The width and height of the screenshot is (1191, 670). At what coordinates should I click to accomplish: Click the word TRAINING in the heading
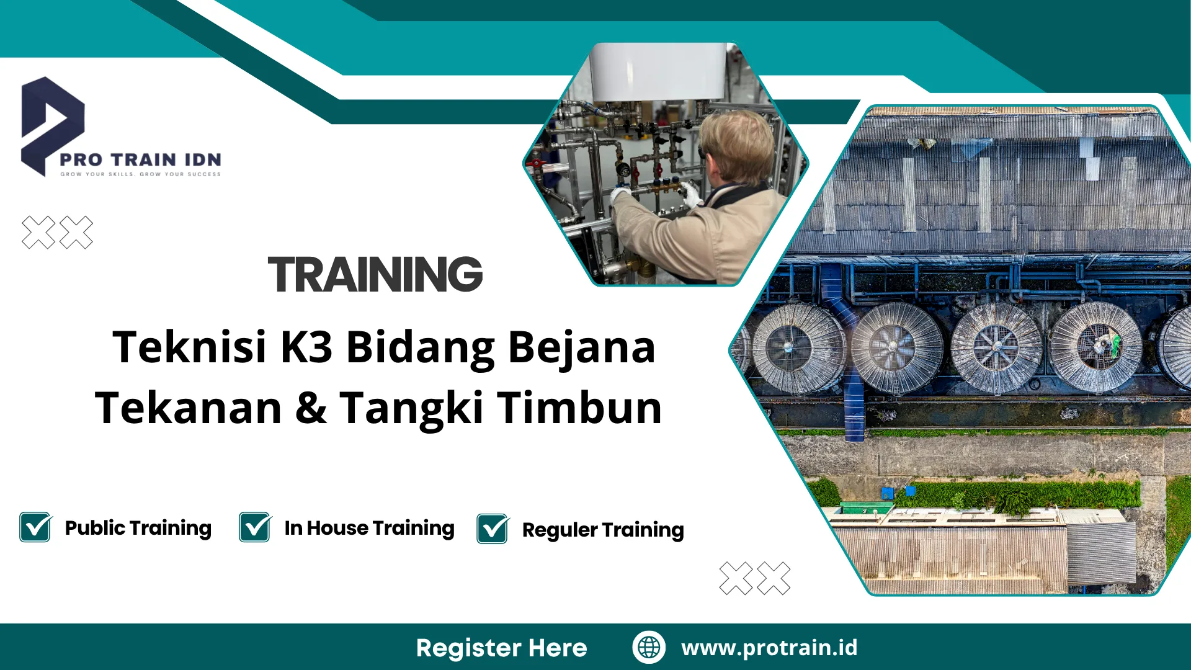point(375,274)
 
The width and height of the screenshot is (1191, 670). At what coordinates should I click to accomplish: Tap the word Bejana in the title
point(581,347)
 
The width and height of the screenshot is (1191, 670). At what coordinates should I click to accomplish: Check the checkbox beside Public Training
point(35,527)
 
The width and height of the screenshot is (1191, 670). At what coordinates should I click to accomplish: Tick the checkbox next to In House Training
point(255,527)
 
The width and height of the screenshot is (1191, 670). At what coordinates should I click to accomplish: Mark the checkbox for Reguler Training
point(493,529)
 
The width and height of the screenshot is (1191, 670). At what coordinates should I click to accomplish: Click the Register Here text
point(501,648)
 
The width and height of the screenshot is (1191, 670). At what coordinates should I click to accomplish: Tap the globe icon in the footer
point(649,647)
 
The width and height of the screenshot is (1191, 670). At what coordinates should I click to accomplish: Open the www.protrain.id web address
point(769,648)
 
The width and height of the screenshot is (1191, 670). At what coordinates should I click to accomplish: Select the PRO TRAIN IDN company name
point(140,159)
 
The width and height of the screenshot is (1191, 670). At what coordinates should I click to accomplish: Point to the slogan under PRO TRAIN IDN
point(140,174)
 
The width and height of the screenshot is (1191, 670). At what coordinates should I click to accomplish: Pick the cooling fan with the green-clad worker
point(1096,347)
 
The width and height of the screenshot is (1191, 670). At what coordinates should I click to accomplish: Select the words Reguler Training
point(603,530)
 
